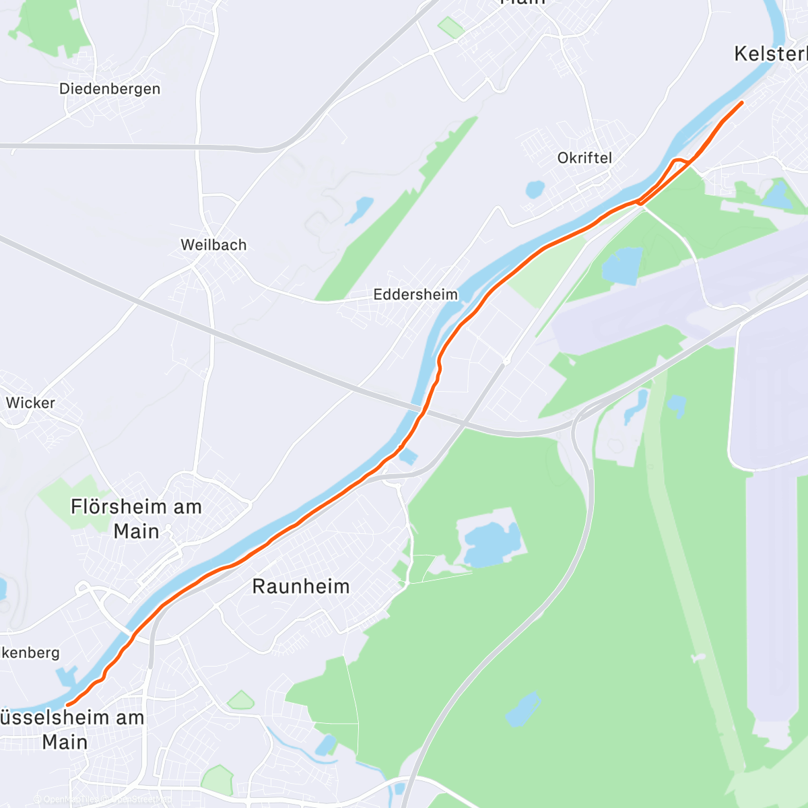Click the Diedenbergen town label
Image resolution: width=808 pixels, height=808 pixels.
110,89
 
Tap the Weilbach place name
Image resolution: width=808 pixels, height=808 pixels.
213,245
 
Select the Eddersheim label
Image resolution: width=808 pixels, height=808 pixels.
415,294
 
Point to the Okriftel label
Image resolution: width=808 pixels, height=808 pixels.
584,158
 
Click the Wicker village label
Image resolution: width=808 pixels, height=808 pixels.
30,403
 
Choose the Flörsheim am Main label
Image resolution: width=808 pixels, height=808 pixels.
137,518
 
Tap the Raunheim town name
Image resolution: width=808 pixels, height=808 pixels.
301,586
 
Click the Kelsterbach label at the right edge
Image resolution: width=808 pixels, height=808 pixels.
772,54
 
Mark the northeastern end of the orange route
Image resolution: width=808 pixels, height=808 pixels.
742,102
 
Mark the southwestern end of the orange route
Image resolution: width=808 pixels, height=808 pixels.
67,705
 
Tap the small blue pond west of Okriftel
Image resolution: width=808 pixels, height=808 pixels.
535,189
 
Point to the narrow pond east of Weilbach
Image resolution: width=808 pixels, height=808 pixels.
360,210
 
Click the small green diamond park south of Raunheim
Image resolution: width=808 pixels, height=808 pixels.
240,701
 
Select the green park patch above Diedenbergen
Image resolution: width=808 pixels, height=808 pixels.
50,27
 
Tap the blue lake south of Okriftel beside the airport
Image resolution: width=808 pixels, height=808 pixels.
623,265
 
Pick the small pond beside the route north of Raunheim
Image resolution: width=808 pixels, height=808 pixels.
407,457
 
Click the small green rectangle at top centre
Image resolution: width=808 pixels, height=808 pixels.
450,28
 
